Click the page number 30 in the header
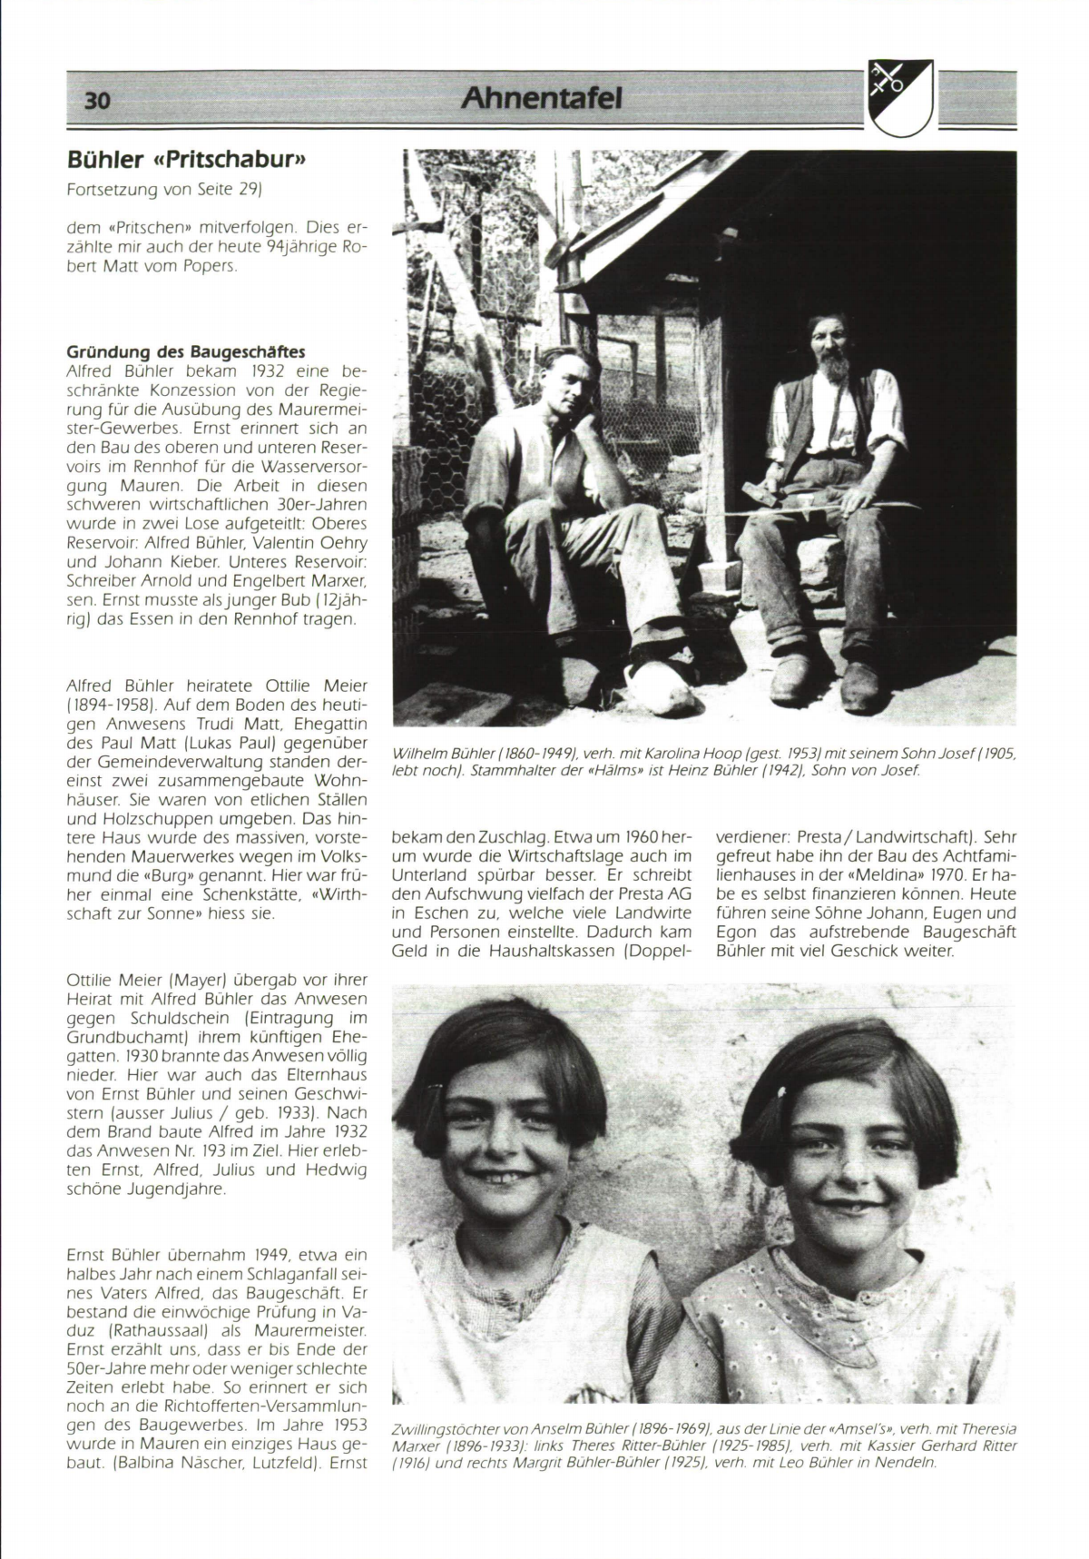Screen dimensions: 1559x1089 click(97, 101)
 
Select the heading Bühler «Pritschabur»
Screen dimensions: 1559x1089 click(184, 161)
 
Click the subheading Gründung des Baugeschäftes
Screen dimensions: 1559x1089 click(186, 351)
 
